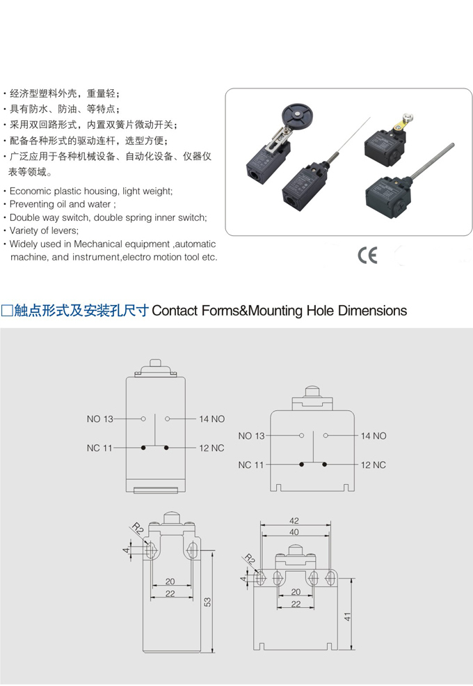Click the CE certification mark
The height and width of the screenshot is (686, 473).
(367, 256)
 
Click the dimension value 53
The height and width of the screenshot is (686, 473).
(207, 602)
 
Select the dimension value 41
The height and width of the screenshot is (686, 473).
(347, 616)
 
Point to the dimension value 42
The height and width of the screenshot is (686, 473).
(294, 521)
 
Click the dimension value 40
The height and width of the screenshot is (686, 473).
(294, 532)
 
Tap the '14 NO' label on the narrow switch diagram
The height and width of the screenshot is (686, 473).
(212, 419)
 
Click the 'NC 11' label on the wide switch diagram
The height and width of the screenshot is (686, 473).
(251, 465)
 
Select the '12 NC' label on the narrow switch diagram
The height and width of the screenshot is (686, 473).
(211, 448)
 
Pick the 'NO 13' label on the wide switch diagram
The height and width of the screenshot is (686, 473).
(251, 436)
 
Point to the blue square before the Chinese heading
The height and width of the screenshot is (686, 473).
(6, 311)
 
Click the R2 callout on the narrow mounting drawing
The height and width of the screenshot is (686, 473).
(138, 529)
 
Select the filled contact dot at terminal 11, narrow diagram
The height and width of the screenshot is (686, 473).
(143, 448)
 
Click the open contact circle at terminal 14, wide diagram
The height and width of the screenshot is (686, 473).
(326, 436)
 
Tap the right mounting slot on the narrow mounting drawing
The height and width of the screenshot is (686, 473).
(191, 550)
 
